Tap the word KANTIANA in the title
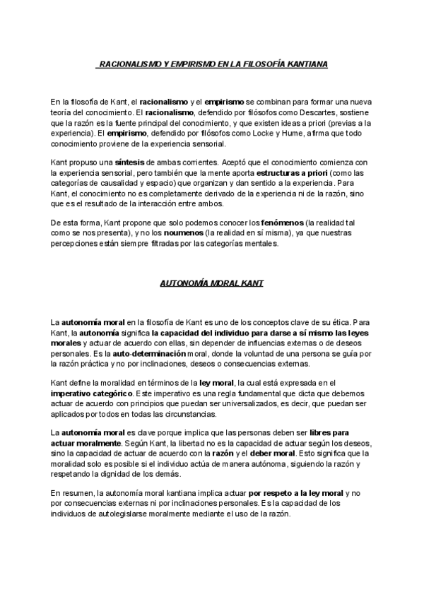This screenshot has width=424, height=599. point(306,64)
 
